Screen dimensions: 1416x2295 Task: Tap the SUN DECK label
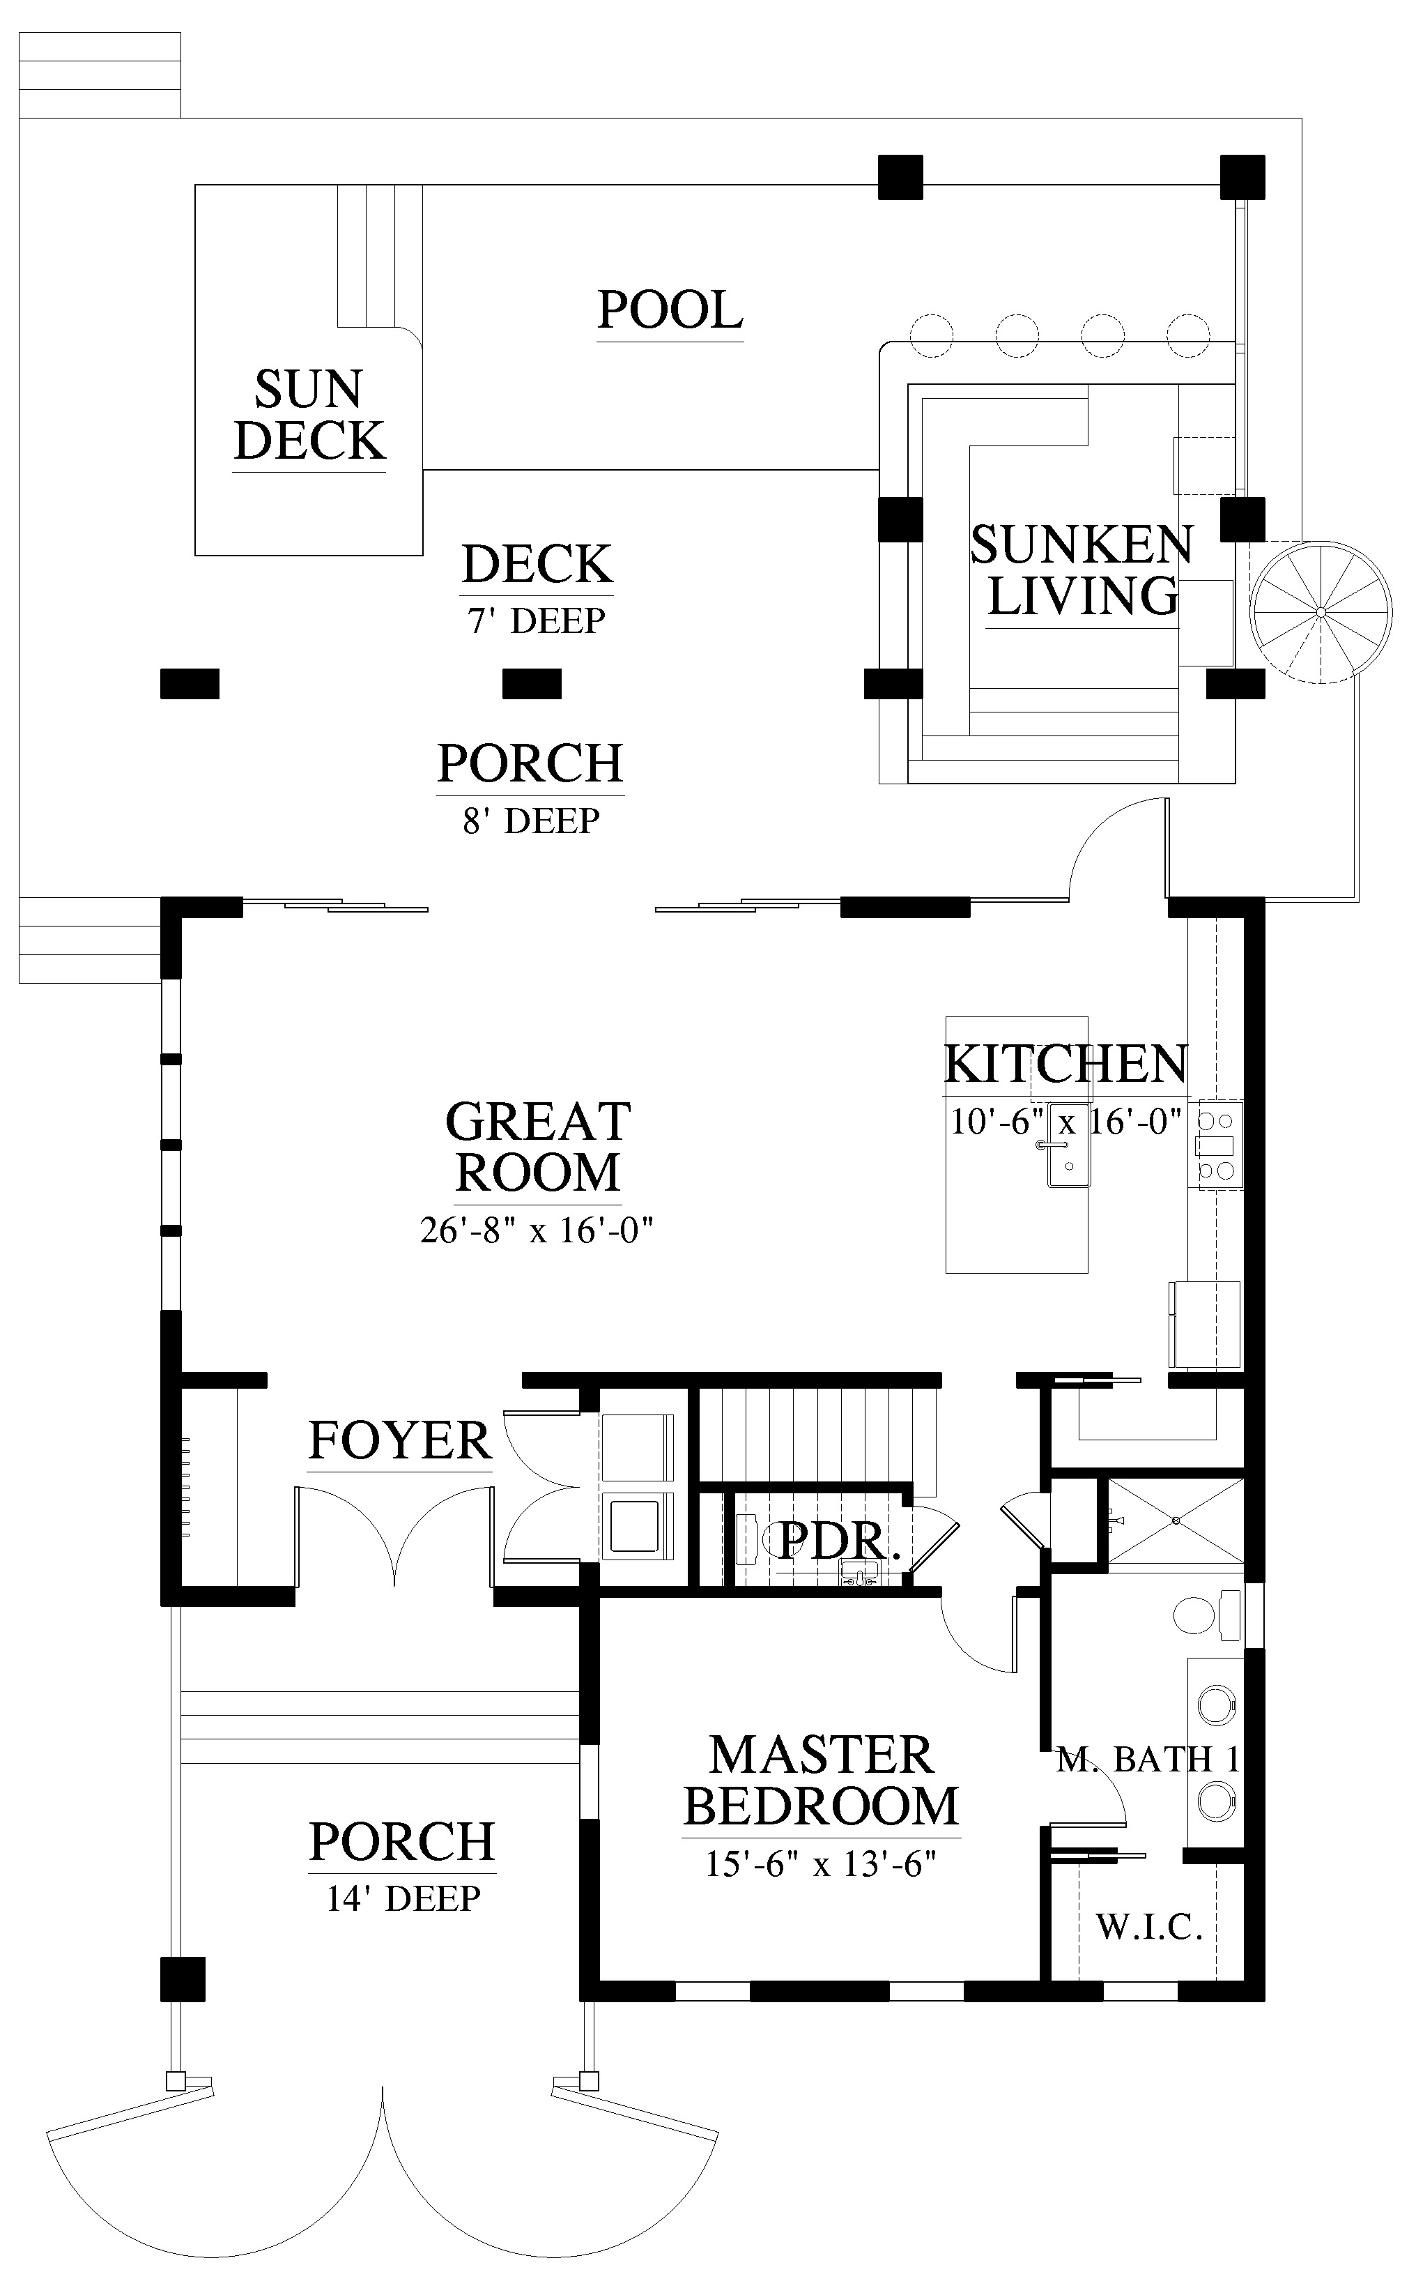click(x=309, y=415)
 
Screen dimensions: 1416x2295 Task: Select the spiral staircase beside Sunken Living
click(x=1320, y=613)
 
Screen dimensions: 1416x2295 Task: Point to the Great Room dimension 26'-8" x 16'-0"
click(x=536, y=1230)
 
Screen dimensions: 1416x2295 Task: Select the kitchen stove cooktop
click(x=1215, y=1145)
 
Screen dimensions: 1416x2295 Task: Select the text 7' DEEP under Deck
click(x=537, y=620)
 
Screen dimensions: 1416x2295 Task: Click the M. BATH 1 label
click(x=1148, y=1760)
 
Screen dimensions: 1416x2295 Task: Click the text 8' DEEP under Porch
click(x=531, y=821)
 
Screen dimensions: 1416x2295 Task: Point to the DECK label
click(x=537, y=564)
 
